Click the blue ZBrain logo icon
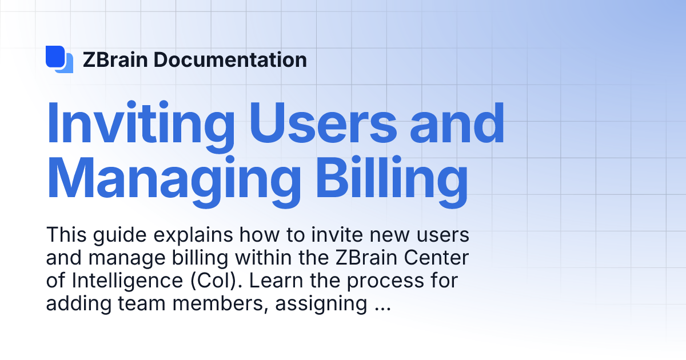pyautogui.click(x=59, y=59)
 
